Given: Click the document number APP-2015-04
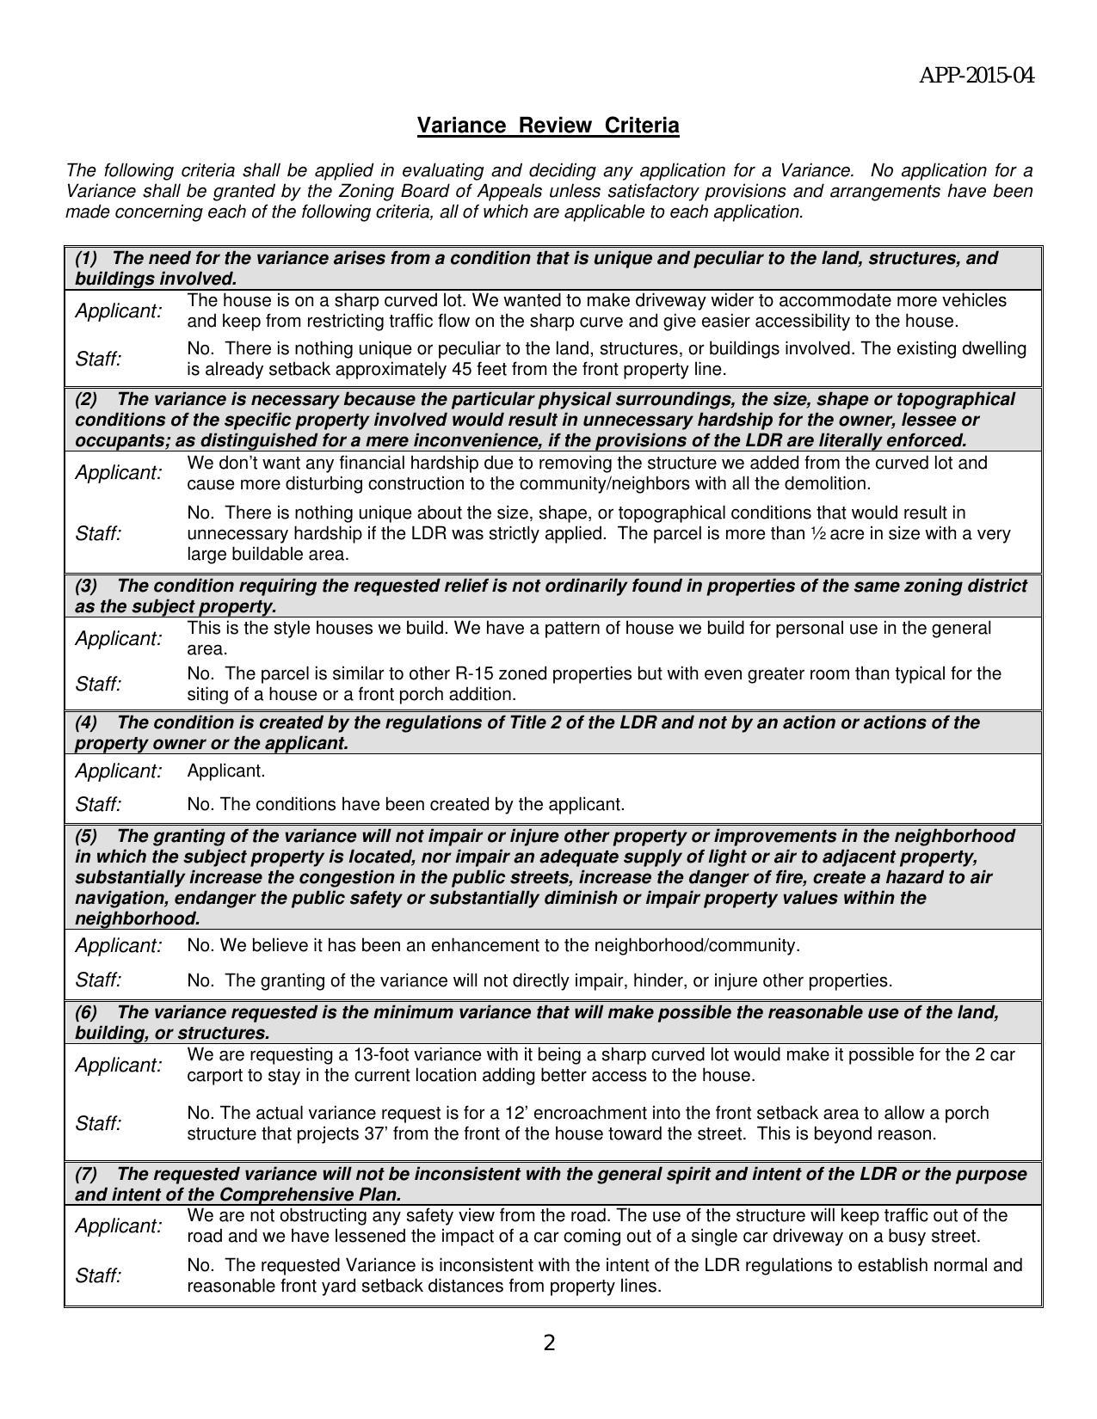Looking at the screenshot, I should (x=977, y=76).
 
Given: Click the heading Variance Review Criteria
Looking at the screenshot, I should (x=548, y=126).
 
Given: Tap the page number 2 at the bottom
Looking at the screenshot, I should (x=549, y=1342).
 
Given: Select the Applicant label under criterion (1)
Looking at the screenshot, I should (x=118, y=311).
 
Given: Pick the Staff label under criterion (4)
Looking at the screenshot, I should (x=98, y=805).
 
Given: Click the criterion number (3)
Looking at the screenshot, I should (x=86, y=586).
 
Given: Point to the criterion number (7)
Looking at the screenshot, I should (x=86, y=1174).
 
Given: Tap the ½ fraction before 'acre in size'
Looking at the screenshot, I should (x=818, y=533).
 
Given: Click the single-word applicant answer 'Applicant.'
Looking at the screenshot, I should (x=226, y=771).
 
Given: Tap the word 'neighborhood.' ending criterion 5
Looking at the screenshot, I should (x=138, y=918).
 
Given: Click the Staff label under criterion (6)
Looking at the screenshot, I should (x=98, y=1124).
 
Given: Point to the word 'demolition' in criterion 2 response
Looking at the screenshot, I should (x=828, y=483).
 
